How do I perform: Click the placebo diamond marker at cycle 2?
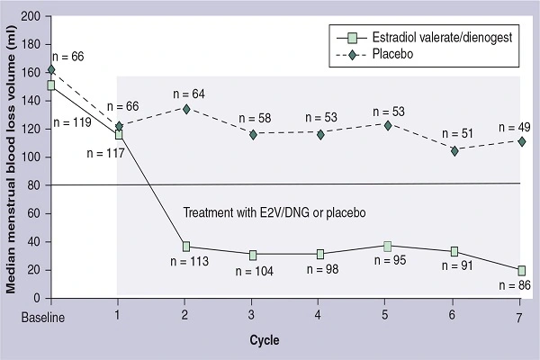pos(185,109)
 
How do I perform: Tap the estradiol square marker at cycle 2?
pos(185,247)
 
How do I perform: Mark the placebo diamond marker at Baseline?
pos(51,69)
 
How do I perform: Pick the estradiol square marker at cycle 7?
pos(522,270)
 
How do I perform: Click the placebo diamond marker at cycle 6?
pos(454,150)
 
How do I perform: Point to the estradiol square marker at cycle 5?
pos(387,246)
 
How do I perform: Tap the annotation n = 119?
pos(73,120)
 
